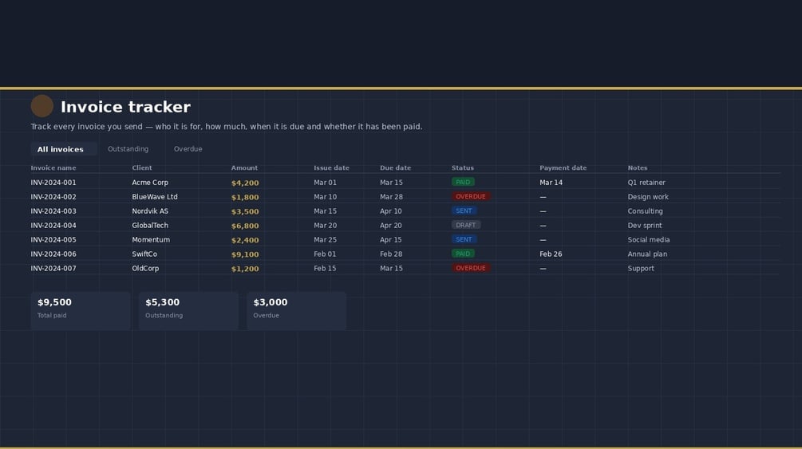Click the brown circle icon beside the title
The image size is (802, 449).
tap(42, 106)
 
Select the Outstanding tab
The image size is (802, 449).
tap(128, 149)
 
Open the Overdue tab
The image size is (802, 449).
tap(188, 149)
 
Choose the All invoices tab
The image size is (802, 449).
tap(61, 149)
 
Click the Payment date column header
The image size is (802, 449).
tap(563, 168)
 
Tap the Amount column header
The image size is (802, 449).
tap(244, 168)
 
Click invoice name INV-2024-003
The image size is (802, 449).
tap(53, 211)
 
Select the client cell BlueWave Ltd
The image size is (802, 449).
tap(155, 197)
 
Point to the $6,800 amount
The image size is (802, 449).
tap(245, 226)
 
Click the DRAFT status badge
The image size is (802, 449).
tap(466, 226)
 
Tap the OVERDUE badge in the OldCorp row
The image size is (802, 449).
tap(471, 269)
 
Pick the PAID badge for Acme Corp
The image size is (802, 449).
tap(463, 183)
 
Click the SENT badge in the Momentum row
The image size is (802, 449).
tap(464, 240)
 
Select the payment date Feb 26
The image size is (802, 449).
tap(551, 254)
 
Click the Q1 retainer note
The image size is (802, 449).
tap(646, 183)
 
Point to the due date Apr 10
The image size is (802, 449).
tap(391, 211)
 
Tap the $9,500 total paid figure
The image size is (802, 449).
tap(54, 302)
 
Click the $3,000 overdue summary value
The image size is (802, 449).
tap(271, 302)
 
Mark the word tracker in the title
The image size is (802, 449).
tap(160, 107)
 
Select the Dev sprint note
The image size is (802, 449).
tap(645, 226)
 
